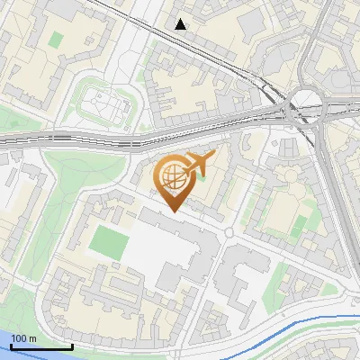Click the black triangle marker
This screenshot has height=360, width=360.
click(x=181, y=24)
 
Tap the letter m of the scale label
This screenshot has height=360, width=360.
click(x=33, y=338)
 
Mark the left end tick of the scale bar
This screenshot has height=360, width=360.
click(x=10, y=346)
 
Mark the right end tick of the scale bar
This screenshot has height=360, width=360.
click(x=72, y=346)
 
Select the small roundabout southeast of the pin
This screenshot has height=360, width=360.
click(x=229, y=233)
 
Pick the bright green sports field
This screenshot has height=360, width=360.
click(x=108, y=241)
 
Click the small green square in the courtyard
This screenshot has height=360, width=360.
click(x=56, y=40)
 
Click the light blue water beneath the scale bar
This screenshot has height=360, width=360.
click(x=36, y=354)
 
